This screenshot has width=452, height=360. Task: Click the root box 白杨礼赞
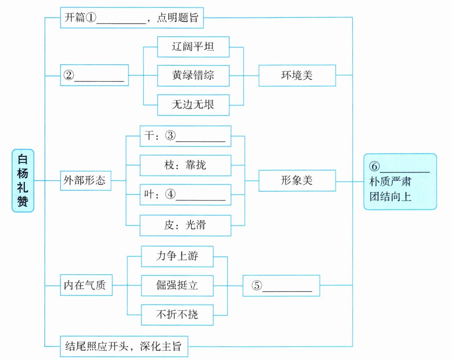tap(23, 180)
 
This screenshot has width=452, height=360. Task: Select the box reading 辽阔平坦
tap(193, 47)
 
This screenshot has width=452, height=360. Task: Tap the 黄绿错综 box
tap(193, 76)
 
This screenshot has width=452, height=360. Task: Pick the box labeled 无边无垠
tap(193, 105)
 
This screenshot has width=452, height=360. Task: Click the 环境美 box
tap(297, 76)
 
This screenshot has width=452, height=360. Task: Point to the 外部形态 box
tap(85, 181)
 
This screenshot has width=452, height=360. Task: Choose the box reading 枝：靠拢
tap(185, 165)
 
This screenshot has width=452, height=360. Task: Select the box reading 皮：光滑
tap(185, 225)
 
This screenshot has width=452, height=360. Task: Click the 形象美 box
tap(297, 181)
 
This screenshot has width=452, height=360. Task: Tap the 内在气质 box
tap(86, 285)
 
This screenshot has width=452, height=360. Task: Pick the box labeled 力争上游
tap(177, 256)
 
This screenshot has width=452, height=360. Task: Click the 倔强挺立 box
tap(177, 285)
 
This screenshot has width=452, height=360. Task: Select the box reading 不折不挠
tap(177, 315)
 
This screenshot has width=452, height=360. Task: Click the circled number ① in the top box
tap(91, 17)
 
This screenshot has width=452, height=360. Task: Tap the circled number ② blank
tap(69, 75)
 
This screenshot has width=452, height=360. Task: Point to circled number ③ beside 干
tap(170, 136)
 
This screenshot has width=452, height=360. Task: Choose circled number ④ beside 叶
tap(170, 194)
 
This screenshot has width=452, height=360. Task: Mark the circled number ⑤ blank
tap(257, 285)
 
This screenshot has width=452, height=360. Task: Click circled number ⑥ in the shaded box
tap(374, 166)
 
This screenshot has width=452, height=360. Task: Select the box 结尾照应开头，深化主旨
tap(124, 346)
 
